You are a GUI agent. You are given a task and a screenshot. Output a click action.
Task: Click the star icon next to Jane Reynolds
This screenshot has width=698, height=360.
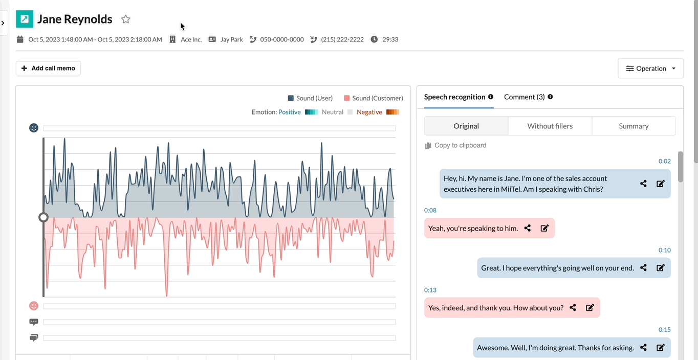[125, 19]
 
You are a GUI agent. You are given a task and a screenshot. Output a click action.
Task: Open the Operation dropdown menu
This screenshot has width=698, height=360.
[650, 68]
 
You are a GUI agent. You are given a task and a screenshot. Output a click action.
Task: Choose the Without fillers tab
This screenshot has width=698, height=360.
[550, 126]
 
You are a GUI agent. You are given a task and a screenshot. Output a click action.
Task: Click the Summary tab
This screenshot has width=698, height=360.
[634, 126]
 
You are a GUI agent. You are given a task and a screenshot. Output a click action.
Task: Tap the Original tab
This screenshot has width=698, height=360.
[466, 126]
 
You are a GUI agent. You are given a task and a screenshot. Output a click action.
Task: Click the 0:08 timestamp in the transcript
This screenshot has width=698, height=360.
[430, 210]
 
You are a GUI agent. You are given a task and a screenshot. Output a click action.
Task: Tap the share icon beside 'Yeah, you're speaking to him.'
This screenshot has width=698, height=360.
[527, 228]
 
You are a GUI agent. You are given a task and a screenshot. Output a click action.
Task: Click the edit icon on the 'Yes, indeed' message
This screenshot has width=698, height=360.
[590, 308]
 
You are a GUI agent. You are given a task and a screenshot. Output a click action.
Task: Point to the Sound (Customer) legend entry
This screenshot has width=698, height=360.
[373, 98]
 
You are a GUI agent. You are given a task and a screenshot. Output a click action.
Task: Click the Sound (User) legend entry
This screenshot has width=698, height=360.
[310, 98]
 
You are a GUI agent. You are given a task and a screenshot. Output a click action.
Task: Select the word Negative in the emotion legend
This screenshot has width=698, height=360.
[369, 112]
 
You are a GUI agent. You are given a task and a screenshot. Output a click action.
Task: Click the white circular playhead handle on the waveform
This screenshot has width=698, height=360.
[43, 217]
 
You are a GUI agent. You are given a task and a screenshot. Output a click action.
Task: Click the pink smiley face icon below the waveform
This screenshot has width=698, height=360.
[34, 306]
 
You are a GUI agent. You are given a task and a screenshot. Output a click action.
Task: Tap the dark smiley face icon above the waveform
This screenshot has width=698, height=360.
[34, 128]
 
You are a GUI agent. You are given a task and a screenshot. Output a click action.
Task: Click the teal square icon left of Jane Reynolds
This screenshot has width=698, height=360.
[25, 19]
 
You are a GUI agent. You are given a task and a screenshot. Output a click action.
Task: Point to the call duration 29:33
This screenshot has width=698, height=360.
[390, 39]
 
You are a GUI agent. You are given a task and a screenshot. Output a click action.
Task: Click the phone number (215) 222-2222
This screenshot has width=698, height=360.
[342, 39]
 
